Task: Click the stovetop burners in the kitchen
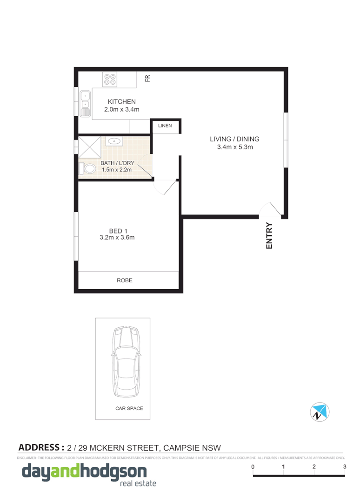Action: [110, 79]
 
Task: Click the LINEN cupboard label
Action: [165, 126]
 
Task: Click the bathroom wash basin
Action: [114, 140]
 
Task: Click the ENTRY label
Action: [269, 236]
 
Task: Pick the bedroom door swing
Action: [165, 188]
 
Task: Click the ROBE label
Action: [124, 280]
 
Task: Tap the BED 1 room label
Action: [117, 231]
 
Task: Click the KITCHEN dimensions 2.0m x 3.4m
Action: [121, 109]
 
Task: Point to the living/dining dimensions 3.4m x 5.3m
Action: [234, 147]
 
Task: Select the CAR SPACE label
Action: [129, 409]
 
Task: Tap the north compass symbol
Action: [320, 411]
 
